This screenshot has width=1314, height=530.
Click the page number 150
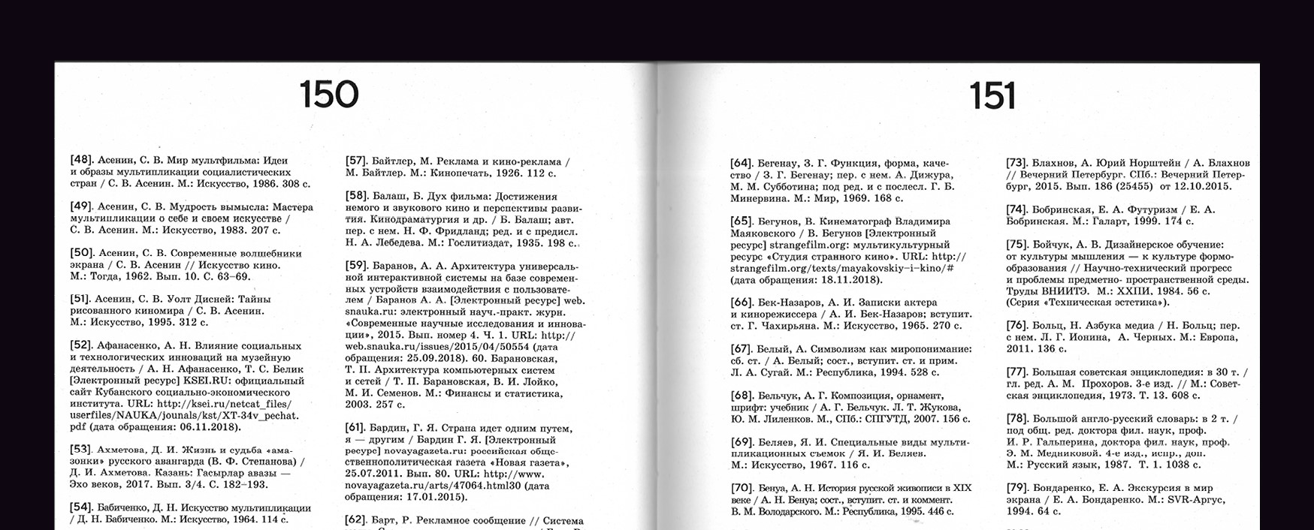(x=328, y=95)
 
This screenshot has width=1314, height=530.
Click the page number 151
(x=992, y=97)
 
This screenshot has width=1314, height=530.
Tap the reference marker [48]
(x=81, y=160)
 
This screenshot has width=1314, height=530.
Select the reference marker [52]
(x=81, y=345)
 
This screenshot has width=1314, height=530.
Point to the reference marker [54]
(x=81, y=507)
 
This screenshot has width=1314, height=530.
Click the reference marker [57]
(x=356, y=161)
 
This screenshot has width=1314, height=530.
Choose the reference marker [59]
(x=356, y=265)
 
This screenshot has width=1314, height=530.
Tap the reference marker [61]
(x=356, y=428)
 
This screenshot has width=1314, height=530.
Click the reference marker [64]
(x=742, y=163)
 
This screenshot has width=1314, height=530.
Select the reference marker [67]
(x=742, y=348)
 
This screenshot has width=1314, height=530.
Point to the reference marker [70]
(x=742, y=488)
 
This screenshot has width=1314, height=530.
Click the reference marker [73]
(x=1017, y=163)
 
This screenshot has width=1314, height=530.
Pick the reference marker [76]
(x=1017, y=325)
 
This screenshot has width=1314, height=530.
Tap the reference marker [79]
(x=1017, y=488)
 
